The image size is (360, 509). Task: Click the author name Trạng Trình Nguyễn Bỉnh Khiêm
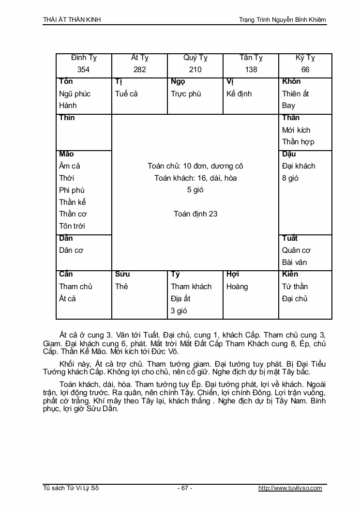[x=283, y=19]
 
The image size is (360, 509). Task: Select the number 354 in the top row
[x=83, y=70]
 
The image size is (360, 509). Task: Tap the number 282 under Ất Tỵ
[x=139, y=70]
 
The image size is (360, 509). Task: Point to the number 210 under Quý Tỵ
[x=195, y=70]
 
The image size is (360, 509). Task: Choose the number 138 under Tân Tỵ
[x=251, y=70]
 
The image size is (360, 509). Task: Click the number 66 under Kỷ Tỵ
[x=305, y=70]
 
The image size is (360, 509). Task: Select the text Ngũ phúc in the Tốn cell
[x=75, y=93]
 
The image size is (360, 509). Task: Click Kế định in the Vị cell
[x=239, y=93]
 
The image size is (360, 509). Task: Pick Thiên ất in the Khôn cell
[x=295, y=93]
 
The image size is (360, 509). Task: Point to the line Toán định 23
[x=195, y=214]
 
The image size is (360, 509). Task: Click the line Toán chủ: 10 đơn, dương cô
[x=195, y=166]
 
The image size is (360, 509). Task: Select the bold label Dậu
[x=289, y=154]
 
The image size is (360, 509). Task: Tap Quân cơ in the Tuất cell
[x=296, y=250]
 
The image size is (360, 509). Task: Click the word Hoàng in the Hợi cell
[x=237, y=286]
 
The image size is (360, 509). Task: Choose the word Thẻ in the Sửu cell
[x=121, y=286]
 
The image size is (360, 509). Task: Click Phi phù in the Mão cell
[x=72, y=190]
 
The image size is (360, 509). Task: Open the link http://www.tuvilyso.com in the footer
[x=290, y=488]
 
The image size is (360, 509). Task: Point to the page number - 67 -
[x=184, y=488]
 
